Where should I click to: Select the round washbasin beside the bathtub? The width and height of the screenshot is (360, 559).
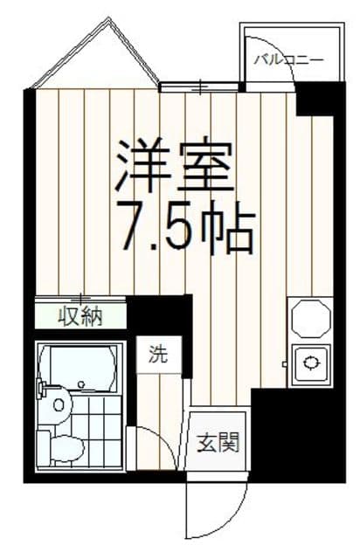pos(58,404)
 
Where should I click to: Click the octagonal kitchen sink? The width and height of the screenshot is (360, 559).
pos(310,317)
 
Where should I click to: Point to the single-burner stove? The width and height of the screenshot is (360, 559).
pos(311,362)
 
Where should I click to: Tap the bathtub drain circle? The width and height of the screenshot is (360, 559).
pos(80,383)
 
